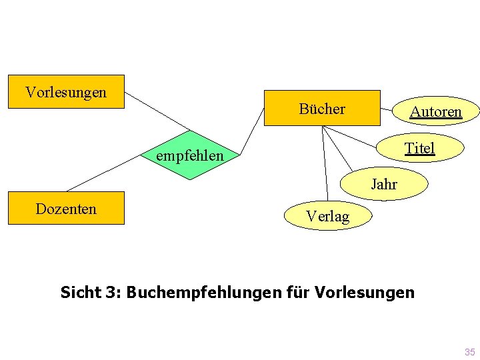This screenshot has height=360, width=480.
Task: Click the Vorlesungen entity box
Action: pos(65,92)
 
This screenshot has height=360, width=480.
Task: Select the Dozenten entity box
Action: pos(65,208)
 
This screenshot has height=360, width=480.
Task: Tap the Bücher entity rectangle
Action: pos(322,108)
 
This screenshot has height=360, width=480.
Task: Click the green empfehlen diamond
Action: pos(190,155)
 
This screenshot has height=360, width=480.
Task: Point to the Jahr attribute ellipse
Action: pos(384,184)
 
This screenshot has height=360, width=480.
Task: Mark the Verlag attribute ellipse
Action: pos(327,216)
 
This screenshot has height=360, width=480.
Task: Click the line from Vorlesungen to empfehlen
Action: pos(158,111)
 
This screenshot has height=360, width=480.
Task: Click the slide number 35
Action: pos(469,352)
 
